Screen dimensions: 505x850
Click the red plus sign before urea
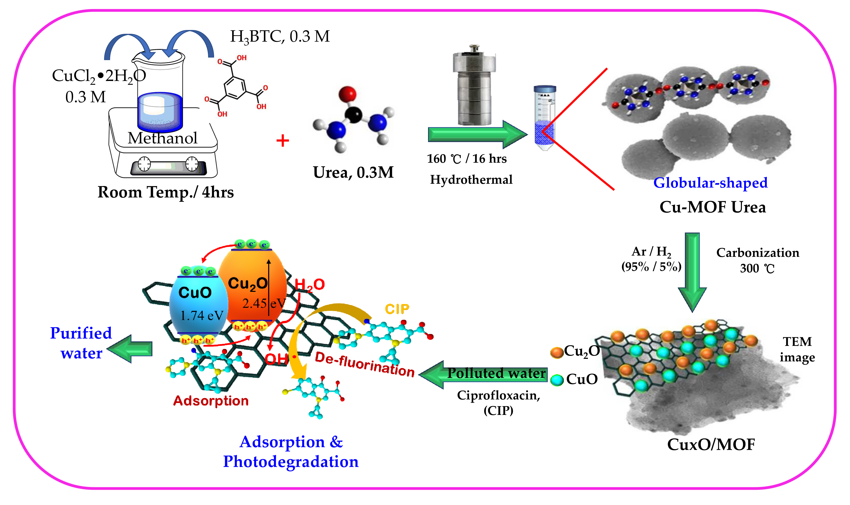coord(283,141)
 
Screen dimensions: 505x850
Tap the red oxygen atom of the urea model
coord(347,94)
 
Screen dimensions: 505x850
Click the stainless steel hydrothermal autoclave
coord(474,87)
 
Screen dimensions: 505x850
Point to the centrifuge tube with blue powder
coord(545,117)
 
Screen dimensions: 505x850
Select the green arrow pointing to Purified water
coord(131,349)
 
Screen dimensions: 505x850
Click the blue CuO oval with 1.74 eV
coord(199,305)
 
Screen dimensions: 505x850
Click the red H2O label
coord(309,284)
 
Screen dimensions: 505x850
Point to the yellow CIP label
coord(397,309)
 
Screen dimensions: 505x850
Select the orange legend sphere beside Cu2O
coord(557,352)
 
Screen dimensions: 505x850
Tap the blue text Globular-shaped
coord(710,183)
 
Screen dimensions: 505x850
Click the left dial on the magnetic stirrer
coord(144,164)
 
